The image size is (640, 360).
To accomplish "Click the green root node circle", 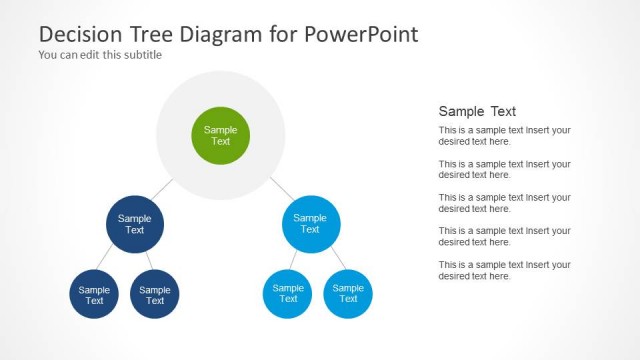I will tap(220, 136).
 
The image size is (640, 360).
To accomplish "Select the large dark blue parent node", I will tap(134, 224).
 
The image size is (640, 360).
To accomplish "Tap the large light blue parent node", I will tap(310, 224).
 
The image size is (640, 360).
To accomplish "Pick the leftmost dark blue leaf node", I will tap(94, 295).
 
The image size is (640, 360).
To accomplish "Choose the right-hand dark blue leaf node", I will tap(155, 295).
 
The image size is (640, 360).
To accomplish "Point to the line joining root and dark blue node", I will tap(163, 190).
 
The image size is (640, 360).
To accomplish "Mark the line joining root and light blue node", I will tap(281, 189).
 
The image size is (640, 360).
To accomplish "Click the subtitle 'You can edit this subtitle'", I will tap(100, 55).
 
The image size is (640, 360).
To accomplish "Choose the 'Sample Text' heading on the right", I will tap(477, 111).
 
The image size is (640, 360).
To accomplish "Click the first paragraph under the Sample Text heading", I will tap(504, 136).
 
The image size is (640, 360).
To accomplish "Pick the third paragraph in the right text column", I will tap(504, 203).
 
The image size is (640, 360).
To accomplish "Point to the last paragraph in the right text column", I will tap(504, 270).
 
